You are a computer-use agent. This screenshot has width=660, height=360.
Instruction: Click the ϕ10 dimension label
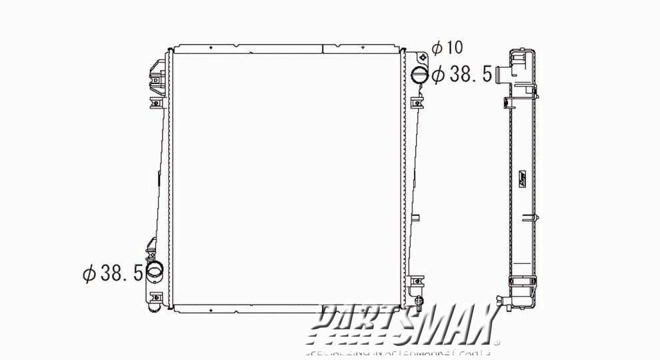[x=447, y=48]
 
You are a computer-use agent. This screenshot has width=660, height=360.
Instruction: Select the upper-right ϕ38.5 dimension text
[x=461, y=75]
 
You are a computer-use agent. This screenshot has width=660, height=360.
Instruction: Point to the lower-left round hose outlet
[x=155, y=271]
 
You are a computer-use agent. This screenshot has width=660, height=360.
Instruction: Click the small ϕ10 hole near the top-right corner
[x=420, y=57]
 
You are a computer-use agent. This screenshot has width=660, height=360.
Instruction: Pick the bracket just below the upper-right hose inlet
[x=417, y=103]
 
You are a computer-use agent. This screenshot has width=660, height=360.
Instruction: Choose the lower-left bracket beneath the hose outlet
[x=156, y=297]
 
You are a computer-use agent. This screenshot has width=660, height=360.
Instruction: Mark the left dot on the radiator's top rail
[x=210, y=48]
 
